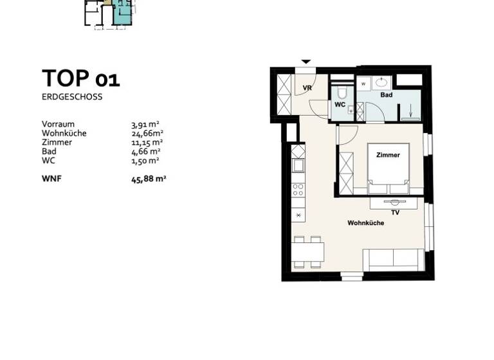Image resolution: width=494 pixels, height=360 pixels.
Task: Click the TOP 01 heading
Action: (80, 79)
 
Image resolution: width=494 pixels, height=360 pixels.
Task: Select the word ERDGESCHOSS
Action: (72, 97)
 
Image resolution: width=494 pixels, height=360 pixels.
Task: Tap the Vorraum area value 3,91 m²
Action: (145, 124)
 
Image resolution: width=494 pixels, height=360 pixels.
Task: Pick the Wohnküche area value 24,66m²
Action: (147, 133)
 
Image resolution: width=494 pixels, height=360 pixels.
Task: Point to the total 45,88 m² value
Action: (149, 179)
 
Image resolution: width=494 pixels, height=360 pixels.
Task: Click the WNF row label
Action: (52, 179)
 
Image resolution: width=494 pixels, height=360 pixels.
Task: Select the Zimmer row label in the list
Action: (57, 142)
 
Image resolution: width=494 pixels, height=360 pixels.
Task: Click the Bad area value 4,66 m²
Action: (145, 151)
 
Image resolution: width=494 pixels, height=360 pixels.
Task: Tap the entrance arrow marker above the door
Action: (306, 62)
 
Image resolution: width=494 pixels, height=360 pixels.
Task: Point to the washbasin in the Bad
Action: (382, 83)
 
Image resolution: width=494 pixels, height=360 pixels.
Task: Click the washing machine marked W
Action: (364, 84)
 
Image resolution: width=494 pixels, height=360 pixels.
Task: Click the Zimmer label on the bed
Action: (388, 155)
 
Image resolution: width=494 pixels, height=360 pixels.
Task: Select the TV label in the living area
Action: (395, 212)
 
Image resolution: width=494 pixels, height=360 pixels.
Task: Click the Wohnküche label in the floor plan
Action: (365, 223)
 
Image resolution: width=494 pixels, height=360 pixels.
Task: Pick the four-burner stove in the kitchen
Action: (298, 190)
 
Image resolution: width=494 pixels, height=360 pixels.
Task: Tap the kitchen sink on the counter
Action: (298, 166)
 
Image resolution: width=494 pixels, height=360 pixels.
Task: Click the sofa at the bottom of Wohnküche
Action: (393, 260)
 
